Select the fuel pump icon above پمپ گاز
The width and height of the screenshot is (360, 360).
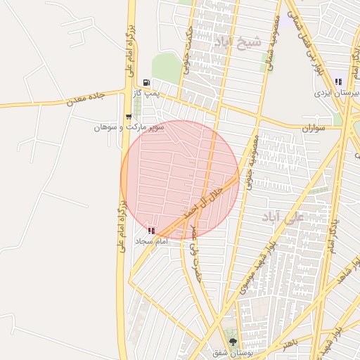click(x=146, y=82)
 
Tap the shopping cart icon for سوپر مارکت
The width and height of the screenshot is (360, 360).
click(x=128, y=117)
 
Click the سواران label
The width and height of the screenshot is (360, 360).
click(x=315, y=129)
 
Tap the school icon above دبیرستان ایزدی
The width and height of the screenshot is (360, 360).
click(x=338, y=82)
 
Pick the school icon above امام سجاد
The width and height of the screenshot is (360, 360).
click(x=151, y=230)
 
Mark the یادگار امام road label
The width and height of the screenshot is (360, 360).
click(x=331, y=233)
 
